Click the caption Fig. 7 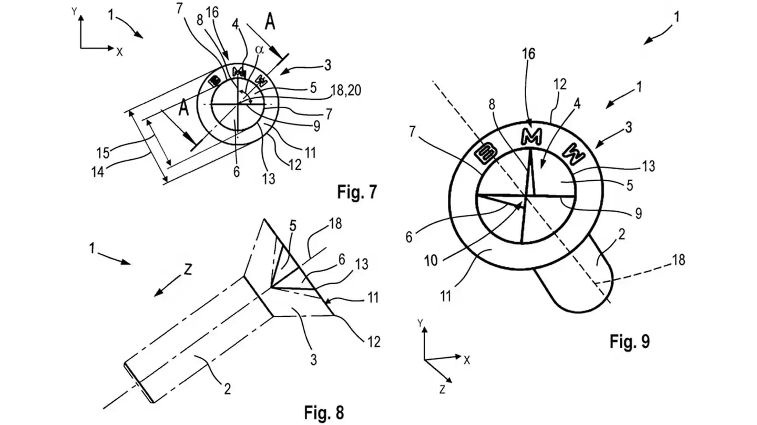(357, 193)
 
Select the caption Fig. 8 (325, 412)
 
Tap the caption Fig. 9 (629, 341)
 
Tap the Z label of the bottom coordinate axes (442, 389)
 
